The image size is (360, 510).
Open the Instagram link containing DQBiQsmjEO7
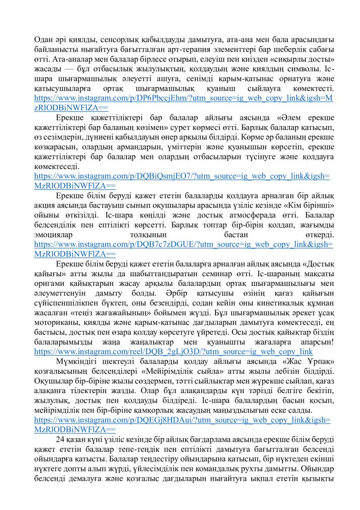181,176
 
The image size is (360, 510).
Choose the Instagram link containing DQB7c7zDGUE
183,244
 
